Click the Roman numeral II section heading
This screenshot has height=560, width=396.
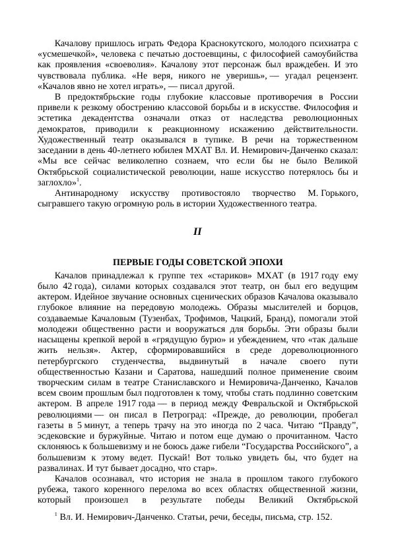pos(197,232)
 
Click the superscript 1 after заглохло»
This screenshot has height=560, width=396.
pos(79,179)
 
